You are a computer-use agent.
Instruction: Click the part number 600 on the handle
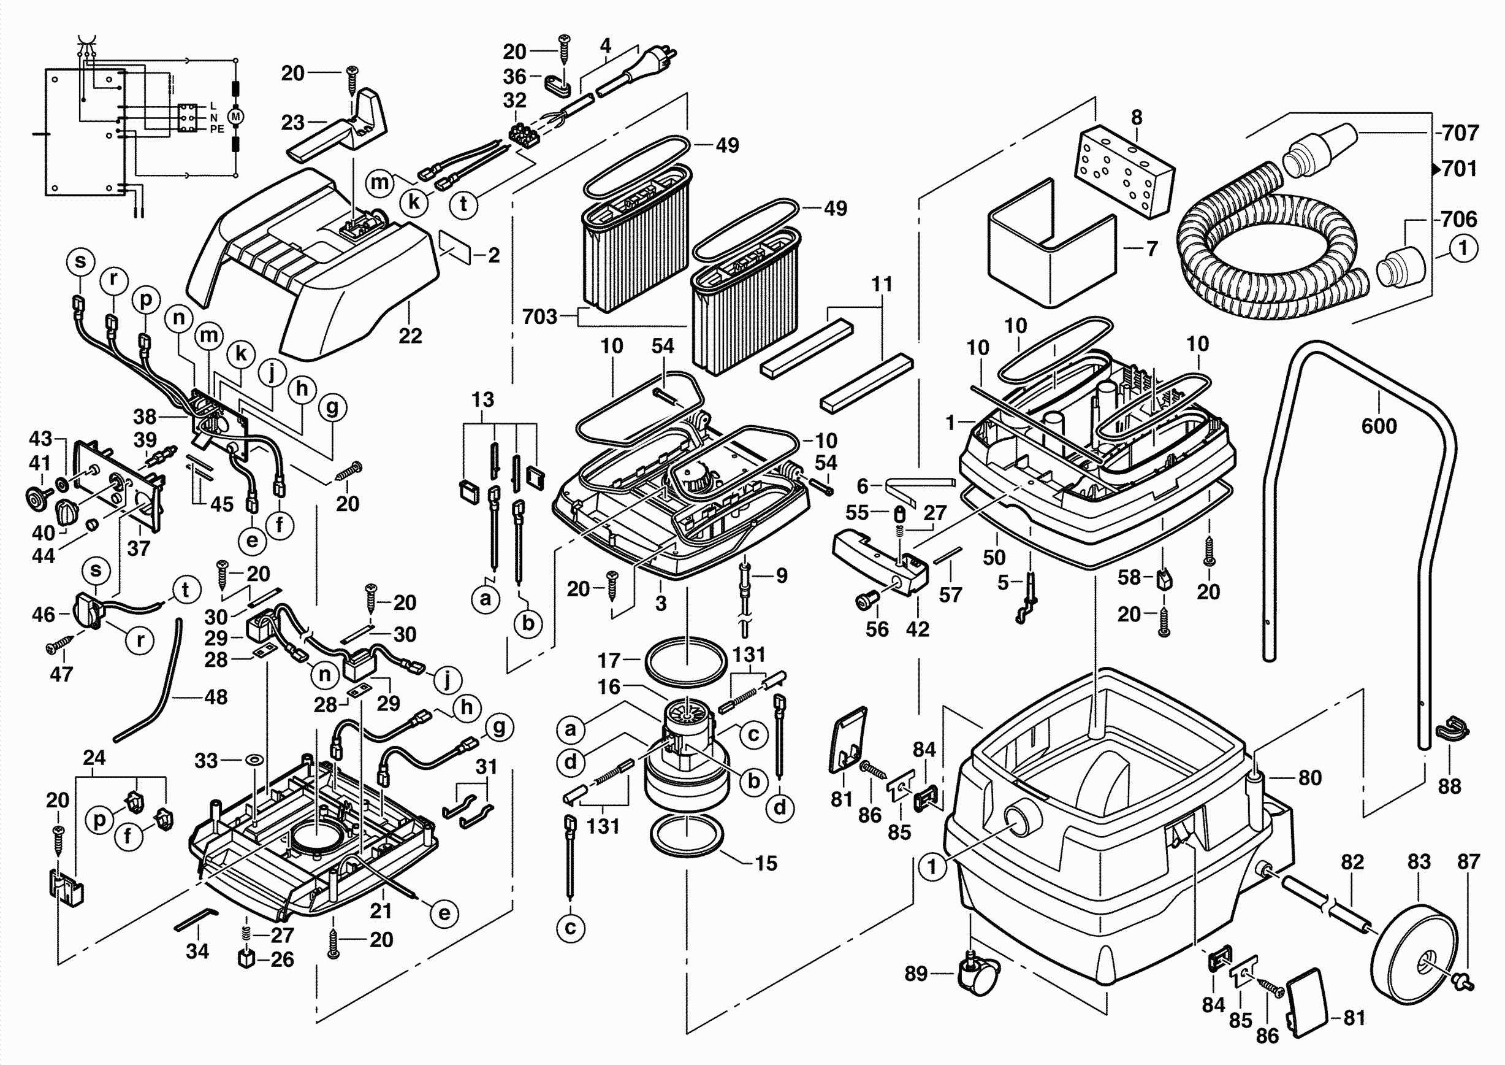(x=1379, y=426)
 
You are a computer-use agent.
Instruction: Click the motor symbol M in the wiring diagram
(x=235, y=117)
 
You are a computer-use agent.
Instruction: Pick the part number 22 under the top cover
(x=410, y=336)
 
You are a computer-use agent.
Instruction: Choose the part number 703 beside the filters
(x=539, y=317)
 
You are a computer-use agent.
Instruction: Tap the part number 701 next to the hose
(x=1459, y=169)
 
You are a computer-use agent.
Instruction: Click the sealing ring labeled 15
(x=687, y=837)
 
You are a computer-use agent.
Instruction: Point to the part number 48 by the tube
(x=216, y=696)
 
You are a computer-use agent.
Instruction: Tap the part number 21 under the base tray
(x=381, y=910)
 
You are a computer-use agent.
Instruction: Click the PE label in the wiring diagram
(x=217, y=129)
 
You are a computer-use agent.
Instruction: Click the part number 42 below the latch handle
(x=917, y=629)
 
